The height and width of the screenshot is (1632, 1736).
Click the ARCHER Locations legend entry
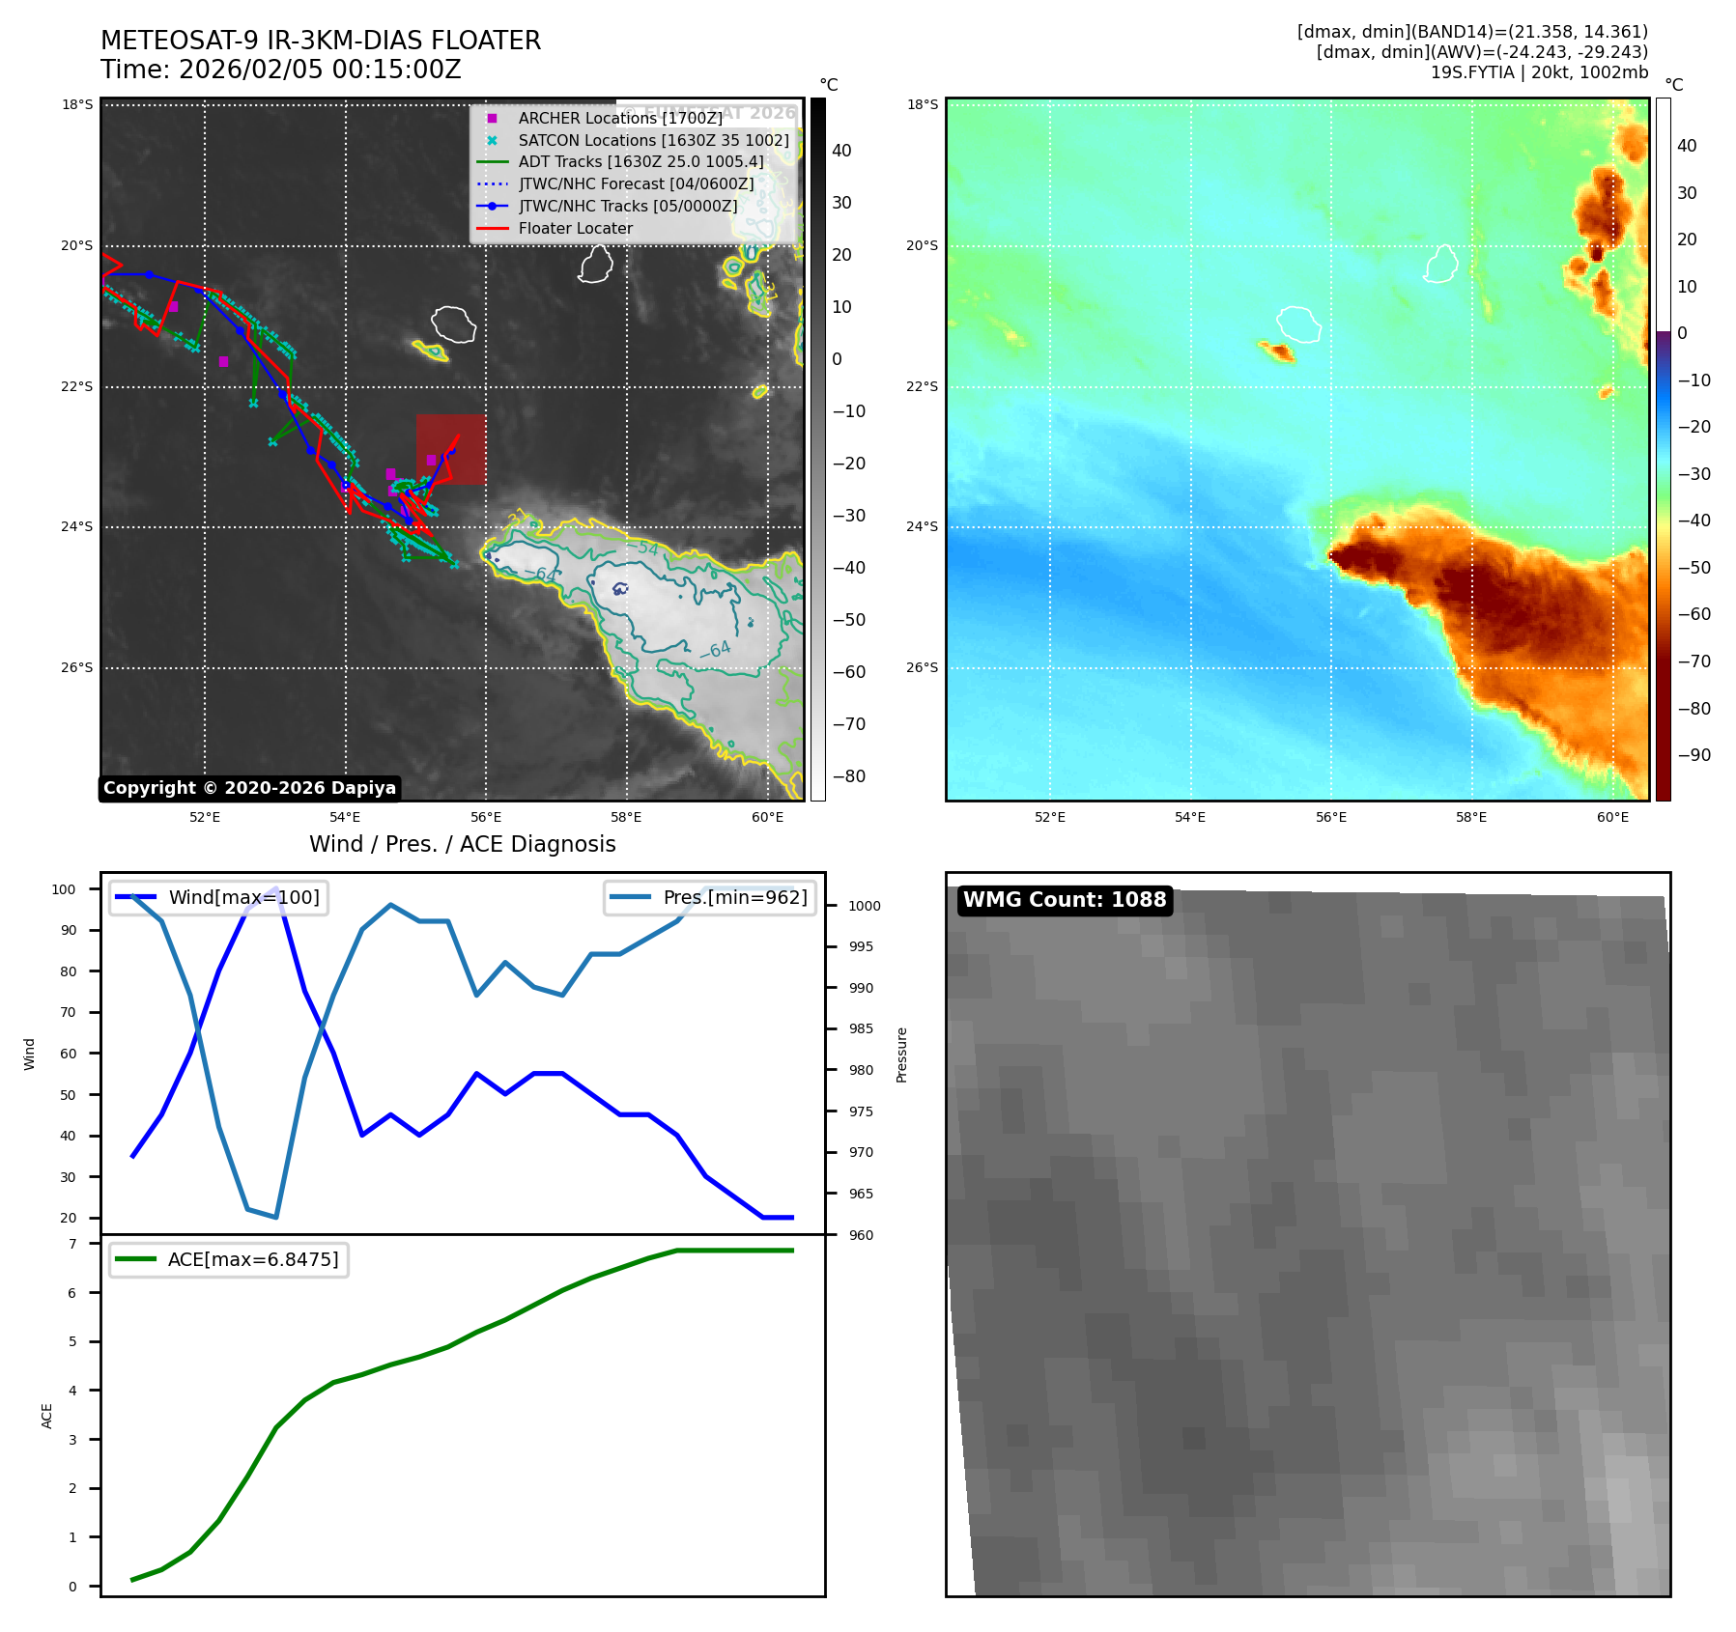point(619,118)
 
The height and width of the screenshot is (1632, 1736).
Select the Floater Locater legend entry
point(575,229)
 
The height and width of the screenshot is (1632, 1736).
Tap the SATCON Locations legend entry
point(653,140)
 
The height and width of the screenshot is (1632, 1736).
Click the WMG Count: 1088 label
point(1065,900)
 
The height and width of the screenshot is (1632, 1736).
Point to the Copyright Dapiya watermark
point(249,788)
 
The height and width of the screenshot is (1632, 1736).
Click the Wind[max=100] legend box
point(219,897)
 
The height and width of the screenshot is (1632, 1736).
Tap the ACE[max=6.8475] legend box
point(229,1259)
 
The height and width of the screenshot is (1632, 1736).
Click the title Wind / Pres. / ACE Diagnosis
point(462,844)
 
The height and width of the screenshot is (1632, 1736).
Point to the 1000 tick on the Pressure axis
point(864,906)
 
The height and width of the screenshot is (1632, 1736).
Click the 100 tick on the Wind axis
point(64,889)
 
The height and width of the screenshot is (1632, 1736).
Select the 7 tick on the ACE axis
point(72,1244)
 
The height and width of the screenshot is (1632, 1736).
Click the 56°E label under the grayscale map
point(486,818)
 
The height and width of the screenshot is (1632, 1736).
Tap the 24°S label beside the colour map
point(922,527)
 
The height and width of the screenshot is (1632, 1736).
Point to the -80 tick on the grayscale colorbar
point(848,776)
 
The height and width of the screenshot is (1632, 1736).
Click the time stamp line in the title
point(281,70)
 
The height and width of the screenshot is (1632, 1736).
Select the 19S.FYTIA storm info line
point(1539,72)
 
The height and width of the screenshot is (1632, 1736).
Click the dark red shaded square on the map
point(451,449)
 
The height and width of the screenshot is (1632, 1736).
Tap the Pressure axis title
point(902,1055)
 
